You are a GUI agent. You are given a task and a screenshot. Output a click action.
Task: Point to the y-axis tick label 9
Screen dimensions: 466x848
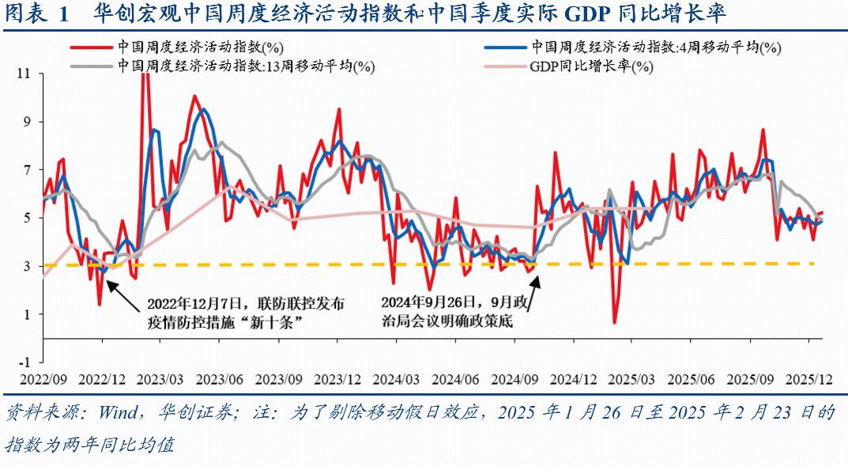(27, 122)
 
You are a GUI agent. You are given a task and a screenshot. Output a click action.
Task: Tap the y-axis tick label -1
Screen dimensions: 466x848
(24, 363)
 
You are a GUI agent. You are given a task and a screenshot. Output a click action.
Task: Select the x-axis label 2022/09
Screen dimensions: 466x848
(43, 378)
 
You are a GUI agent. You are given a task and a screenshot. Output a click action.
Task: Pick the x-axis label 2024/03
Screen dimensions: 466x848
(401, 378)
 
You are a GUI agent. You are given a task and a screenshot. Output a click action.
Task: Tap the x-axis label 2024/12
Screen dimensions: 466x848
(581, 378)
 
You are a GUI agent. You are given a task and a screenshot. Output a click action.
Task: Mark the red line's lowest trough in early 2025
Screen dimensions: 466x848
(615, 322)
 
